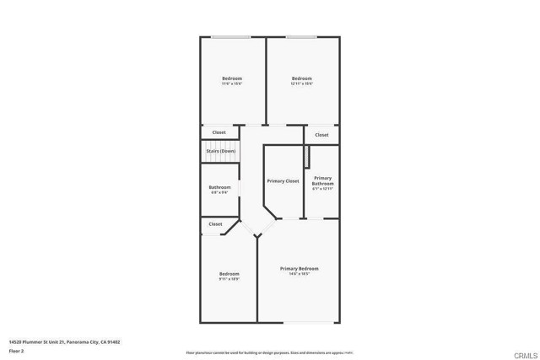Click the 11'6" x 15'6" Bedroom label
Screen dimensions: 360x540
pyautogui.click(x=232, y=81)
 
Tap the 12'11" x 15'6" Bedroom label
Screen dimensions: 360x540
pyautogui.click(x=302, y=81)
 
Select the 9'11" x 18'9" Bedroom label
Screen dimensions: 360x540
pyautogui.click(x=229, y=276)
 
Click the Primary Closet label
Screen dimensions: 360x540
pyautogui.click(x=283, y=181)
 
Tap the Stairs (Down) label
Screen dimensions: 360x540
pyautogui.click(x=221, y=151)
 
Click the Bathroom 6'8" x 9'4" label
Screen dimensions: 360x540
pyautogui.click(x=220, y=190)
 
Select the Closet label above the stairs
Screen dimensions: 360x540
pyautogui.click(x=219, y=132)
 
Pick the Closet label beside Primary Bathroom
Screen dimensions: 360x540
pyautogui.click(x=321, y=135)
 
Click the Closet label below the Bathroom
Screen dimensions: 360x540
pyautogui.click(x=215, y=224)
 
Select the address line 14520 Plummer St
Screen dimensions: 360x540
pyautogui.click(x=52, y=342)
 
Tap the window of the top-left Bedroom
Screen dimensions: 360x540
pyautogui.click(x=230, y=37)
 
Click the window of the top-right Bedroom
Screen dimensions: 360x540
pyautogui.click(x=301, y=37)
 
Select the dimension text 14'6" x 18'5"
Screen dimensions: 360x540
pyautogui.click(x=300, y=274)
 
